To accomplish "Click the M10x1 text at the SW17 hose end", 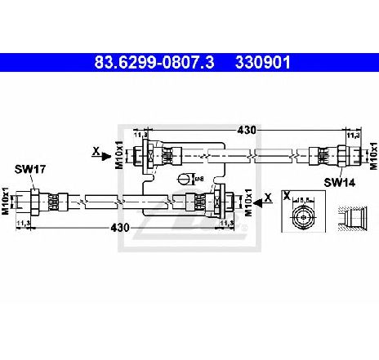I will (7, 198).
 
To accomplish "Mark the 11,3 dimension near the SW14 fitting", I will (353, 137).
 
